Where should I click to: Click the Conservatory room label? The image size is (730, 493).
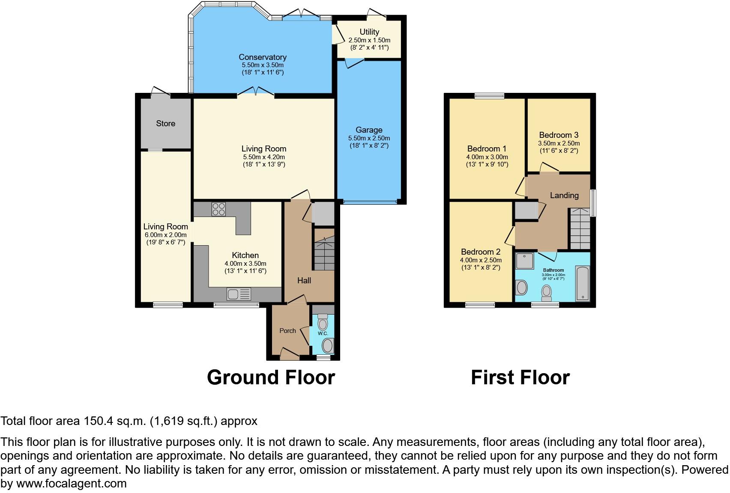262,57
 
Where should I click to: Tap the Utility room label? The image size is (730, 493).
369,32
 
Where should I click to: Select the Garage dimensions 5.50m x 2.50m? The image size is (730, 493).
369,138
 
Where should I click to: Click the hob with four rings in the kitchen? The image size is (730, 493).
218,209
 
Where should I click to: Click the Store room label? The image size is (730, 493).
165,124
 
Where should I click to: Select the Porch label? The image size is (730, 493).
287,331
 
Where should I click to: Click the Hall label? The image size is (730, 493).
304,281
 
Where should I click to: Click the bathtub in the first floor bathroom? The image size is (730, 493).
583,283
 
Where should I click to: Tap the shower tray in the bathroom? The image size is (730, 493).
525,261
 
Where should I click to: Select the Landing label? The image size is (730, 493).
564,196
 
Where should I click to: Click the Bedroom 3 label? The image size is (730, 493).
559,135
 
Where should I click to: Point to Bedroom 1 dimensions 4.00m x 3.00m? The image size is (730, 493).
487,157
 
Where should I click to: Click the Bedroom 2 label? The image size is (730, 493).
481,252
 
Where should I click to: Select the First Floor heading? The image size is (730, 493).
520,377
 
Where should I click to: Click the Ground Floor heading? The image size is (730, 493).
271,377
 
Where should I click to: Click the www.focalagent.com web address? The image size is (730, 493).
71,484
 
